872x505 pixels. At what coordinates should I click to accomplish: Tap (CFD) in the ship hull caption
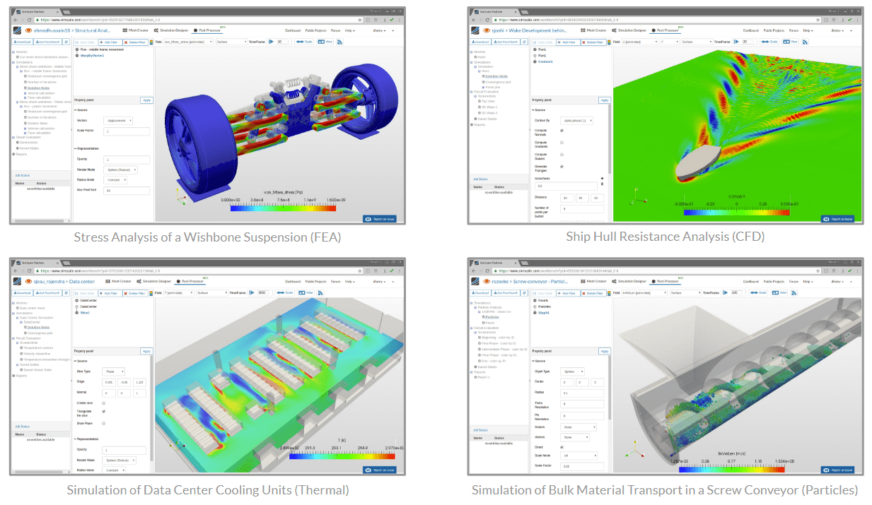click(749, 237)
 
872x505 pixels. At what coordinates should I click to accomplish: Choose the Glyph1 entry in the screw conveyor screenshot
click(545, 311)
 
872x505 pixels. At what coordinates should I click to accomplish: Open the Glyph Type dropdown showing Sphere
click(572, 372)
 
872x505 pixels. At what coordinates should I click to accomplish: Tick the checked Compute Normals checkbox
click(562, 131)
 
